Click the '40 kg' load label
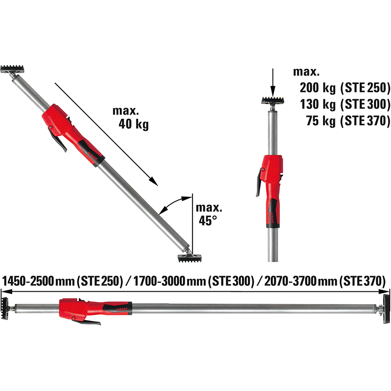133,124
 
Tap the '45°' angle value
208,220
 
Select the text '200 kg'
318,88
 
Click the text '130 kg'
318,104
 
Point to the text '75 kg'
321,121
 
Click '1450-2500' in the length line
28,281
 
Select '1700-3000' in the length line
160,281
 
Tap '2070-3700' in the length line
290,281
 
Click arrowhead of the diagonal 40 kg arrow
153,181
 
